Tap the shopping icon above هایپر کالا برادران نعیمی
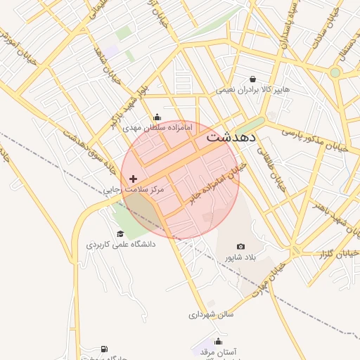(252, 79)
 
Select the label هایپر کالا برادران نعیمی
(252, 90)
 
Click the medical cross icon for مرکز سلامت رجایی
(134, 179)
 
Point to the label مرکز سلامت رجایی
(134, 190)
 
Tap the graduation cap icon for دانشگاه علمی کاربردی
(120, 234)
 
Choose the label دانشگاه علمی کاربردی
(121, 245)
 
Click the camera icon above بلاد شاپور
(241, 247)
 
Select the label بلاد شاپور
(241, 257)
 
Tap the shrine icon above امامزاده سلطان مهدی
(157, 117)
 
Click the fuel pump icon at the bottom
(105, 349)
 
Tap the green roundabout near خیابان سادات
(335, 72)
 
